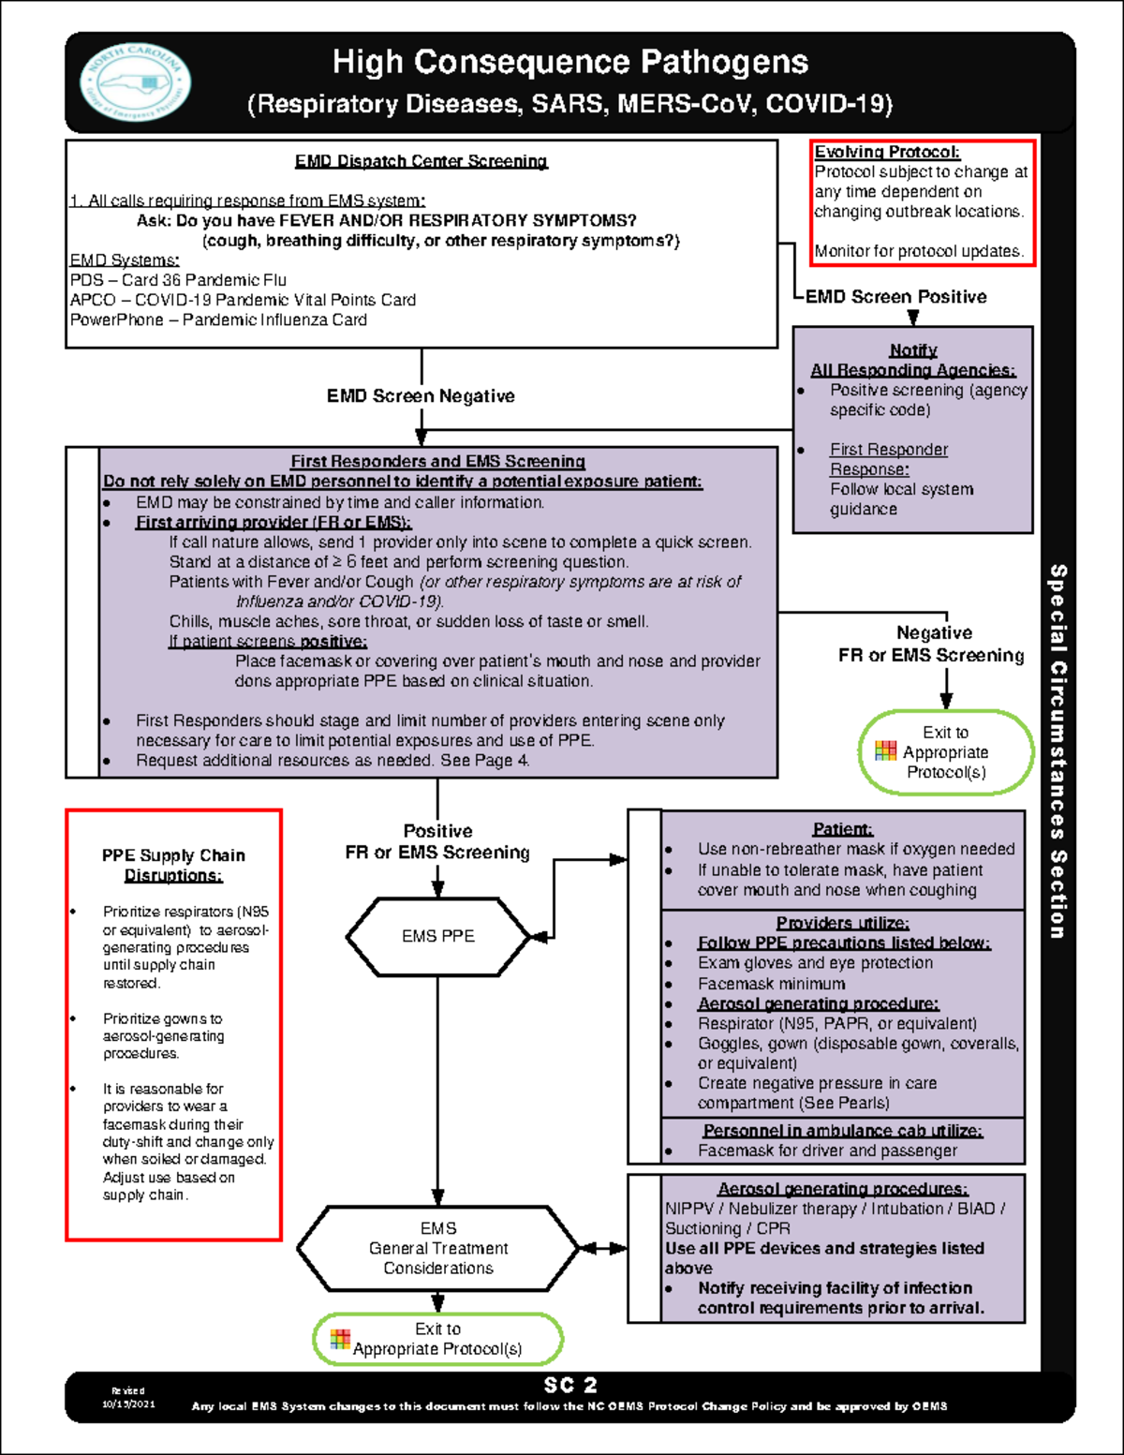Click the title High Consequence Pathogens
tap(569, 63)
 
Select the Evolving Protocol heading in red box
tap(887, 152)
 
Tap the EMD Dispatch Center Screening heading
tap(421, 161)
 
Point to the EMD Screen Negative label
tap(421, 396)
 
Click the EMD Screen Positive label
tap(895, 297)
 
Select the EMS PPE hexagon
tap(438, 936)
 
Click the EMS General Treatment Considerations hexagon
tap(438, 1248)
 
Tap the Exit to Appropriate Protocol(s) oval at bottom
tap(437, 1339)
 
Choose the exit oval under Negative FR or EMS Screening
tap(945, 752)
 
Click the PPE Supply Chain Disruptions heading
tap(173, 865)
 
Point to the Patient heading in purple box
tap(842, 829)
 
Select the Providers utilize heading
tap(842, 923)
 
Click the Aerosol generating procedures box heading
tap(842, 1189)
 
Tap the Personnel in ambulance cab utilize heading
tap(842, 1131)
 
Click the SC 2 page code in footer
tap(570, 1385)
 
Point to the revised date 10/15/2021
tap(128, 1403)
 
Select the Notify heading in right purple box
tap(913, 350)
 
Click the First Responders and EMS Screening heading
tap(437, 461)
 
